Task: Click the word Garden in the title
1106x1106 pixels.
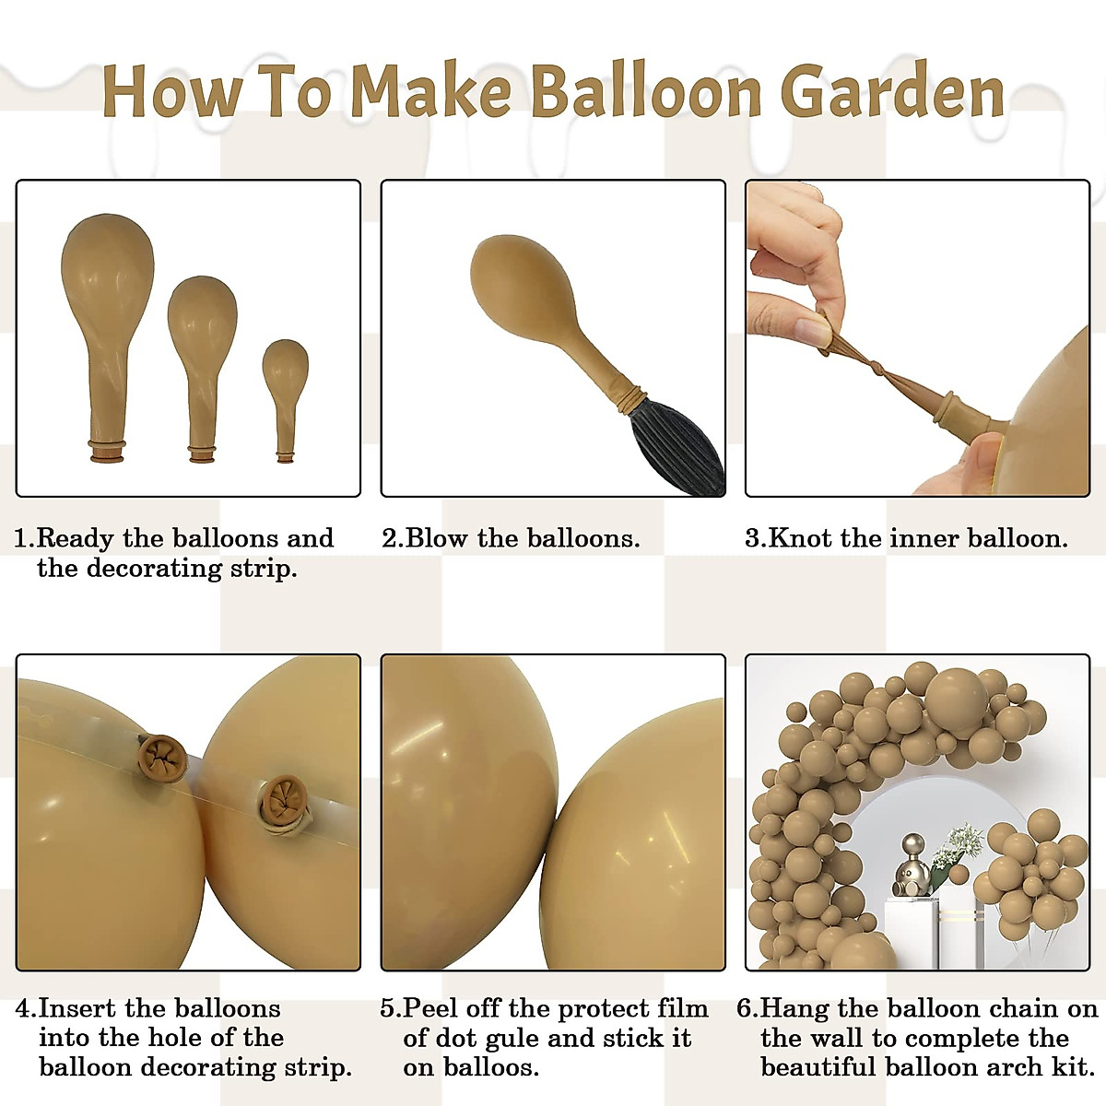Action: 891,92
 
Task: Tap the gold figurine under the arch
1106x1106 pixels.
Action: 912,866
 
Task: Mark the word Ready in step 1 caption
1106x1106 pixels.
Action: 75,538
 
